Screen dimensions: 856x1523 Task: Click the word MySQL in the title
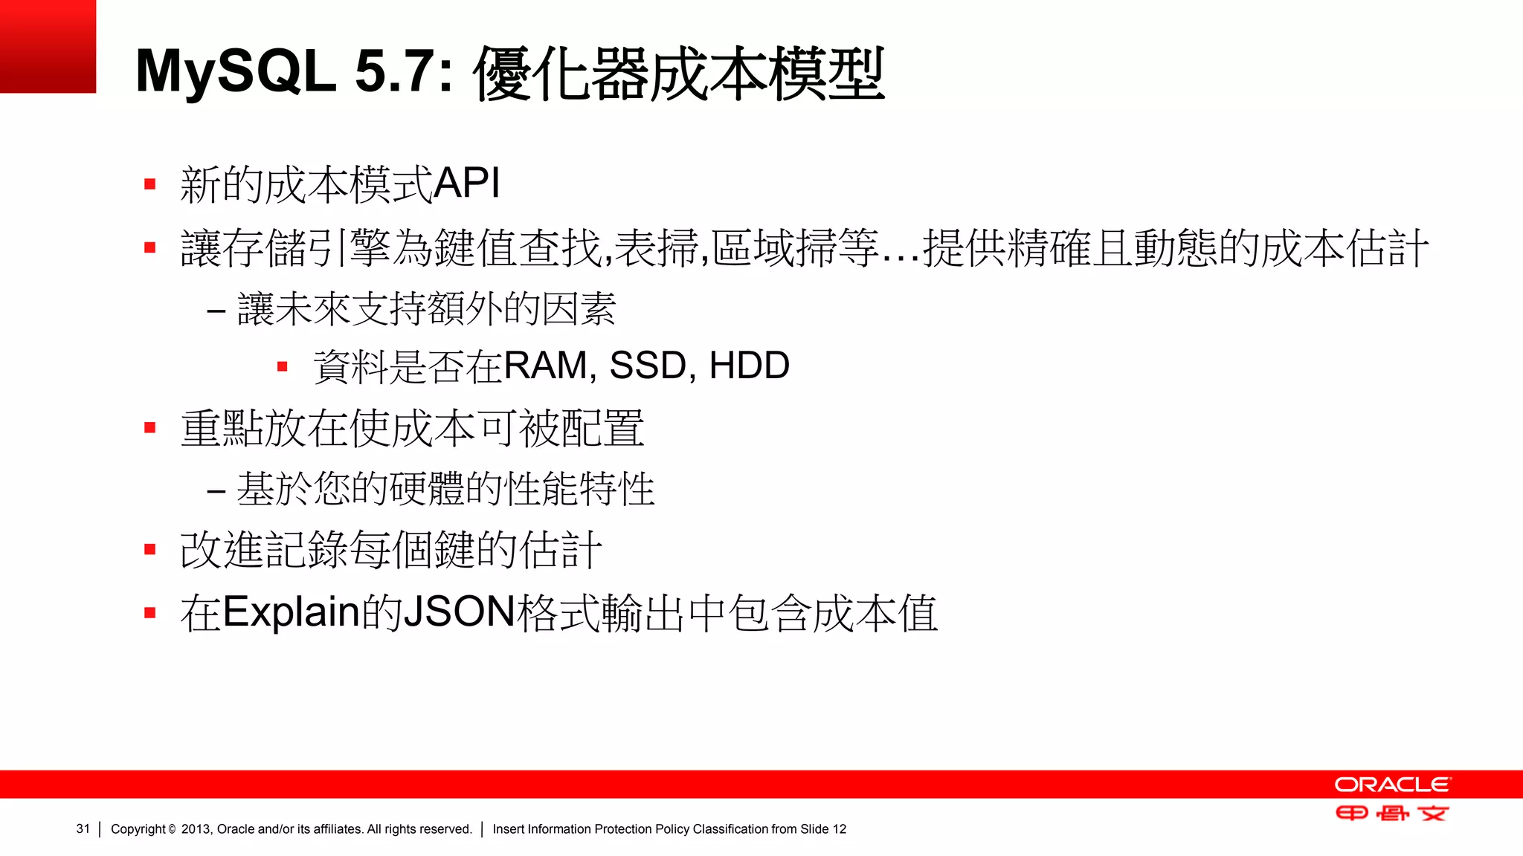(x=236, y=72)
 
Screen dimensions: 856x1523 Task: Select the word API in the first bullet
(x=466, y=183)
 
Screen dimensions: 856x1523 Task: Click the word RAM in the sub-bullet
(x=545, y=366)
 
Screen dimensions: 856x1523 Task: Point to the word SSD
(x=647, y=366)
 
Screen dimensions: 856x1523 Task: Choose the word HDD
(x=749, y=366)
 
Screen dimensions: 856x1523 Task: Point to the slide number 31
(x=83, y=829)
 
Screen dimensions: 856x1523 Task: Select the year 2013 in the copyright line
(x=196, y=829)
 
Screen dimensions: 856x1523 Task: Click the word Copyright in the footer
(x=138, y=829)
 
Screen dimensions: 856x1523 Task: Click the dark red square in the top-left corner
(x=48, y=46)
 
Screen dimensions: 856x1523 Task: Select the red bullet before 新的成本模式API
(x=150, y=184)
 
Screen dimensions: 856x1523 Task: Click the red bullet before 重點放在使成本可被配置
(x=150, y=428)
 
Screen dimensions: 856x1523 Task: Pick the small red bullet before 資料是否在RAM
(x=282, y=366)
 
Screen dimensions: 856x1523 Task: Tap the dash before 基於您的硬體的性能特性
(x=216, y=491)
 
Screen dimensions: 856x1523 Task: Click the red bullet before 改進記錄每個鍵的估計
(x=150, y=550)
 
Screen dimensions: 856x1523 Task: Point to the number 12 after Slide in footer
(x=839, y=829)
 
